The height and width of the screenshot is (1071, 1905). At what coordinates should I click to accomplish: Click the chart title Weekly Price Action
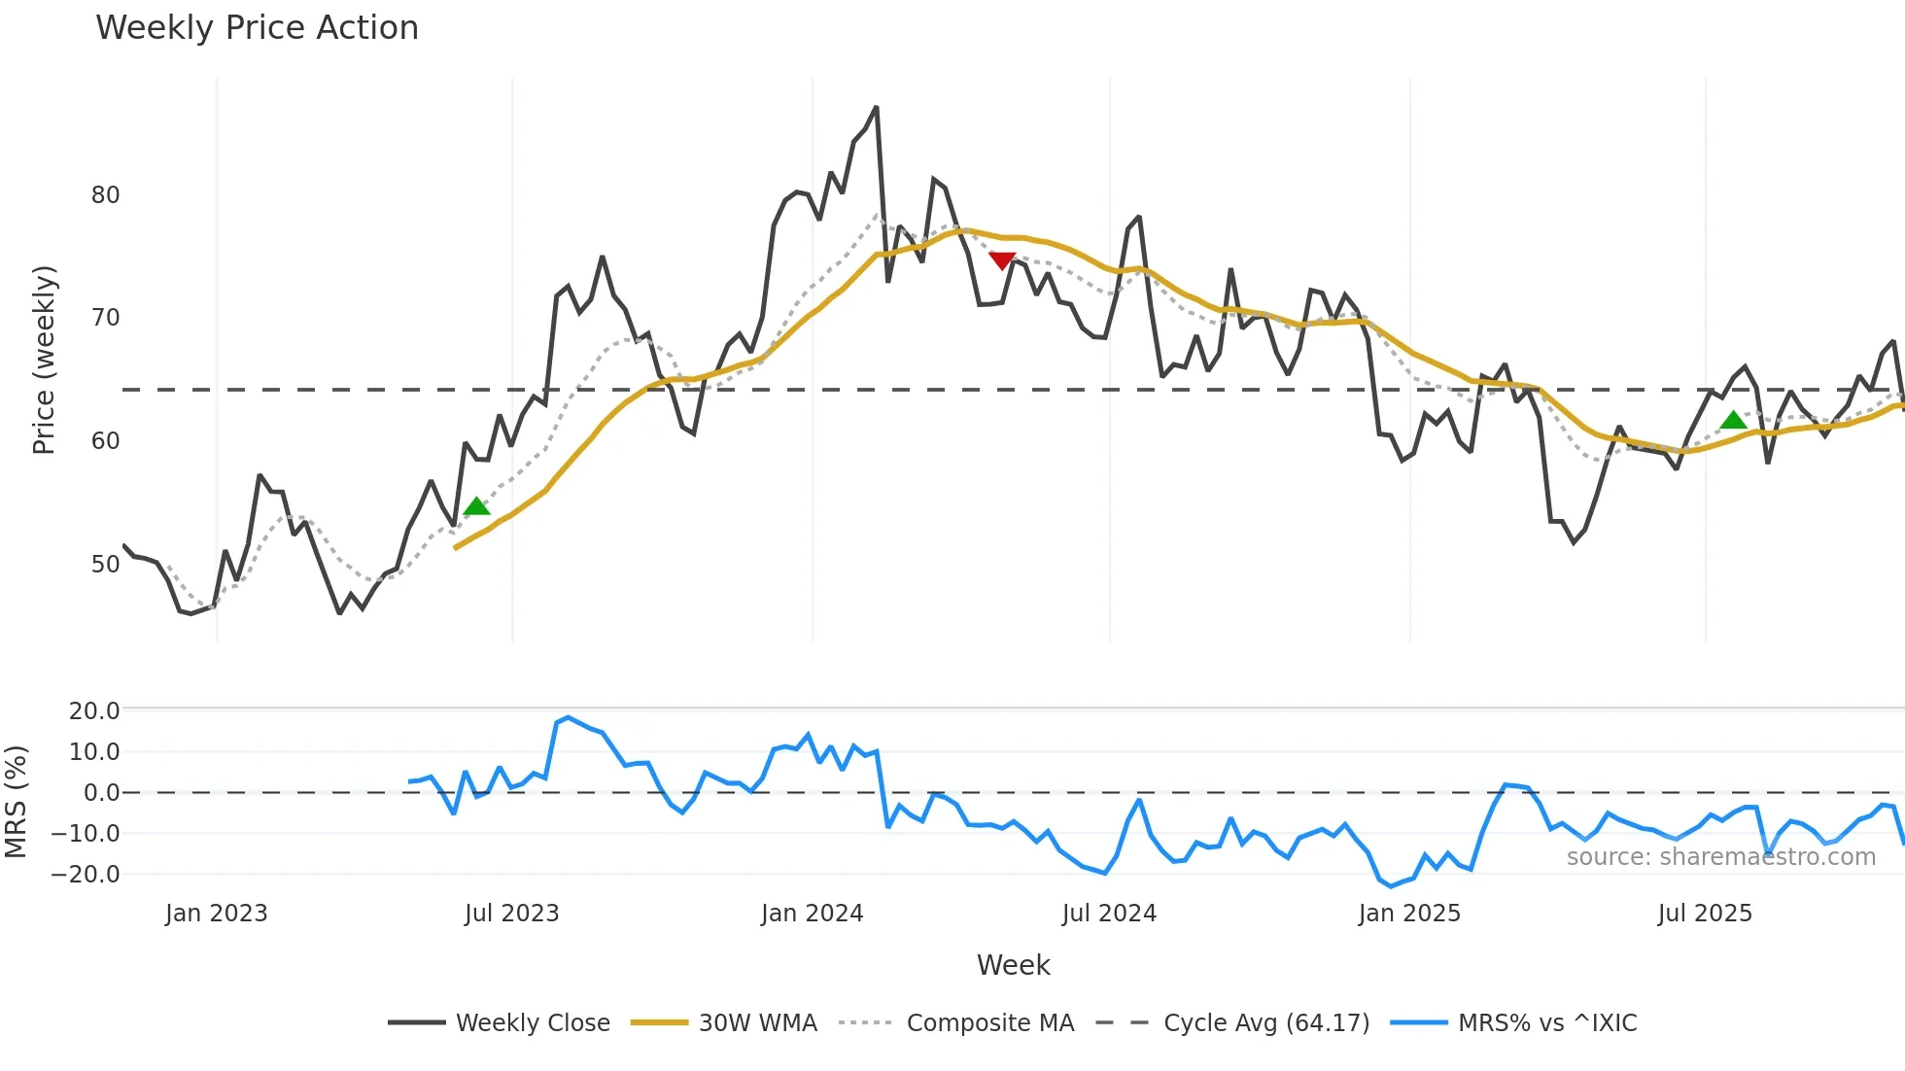(257, 28)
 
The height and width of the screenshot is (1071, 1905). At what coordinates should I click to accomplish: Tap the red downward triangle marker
(1002, 260)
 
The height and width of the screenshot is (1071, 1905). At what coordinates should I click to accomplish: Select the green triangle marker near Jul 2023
(476, 506)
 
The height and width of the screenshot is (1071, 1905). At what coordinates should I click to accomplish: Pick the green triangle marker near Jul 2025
(1733, 421)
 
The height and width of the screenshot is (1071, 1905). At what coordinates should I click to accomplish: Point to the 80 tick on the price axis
(105, 195)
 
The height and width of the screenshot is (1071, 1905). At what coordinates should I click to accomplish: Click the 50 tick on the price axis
(105, 565)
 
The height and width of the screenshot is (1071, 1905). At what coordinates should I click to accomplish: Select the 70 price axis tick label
(105, 318)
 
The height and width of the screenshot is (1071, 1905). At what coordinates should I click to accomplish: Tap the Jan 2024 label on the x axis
(812, 914)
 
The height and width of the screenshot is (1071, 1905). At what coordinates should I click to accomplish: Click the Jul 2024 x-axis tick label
(1109, 914)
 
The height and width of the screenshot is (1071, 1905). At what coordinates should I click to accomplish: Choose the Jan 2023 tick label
(216, 914)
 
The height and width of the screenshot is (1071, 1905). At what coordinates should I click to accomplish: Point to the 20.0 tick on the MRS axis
(94, 710)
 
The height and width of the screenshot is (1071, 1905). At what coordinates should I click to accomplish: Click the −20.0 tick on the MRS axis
(87, 874)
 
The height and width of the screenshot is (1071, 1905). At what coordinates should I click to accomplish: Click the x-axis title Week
(1013, 965)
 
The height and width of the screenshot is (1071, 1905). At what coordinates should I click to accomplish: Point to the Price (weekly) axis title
(44, 360)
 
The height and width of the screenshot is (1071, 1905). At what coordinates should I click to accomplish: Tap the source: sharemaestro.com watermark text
(1720, 857)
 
